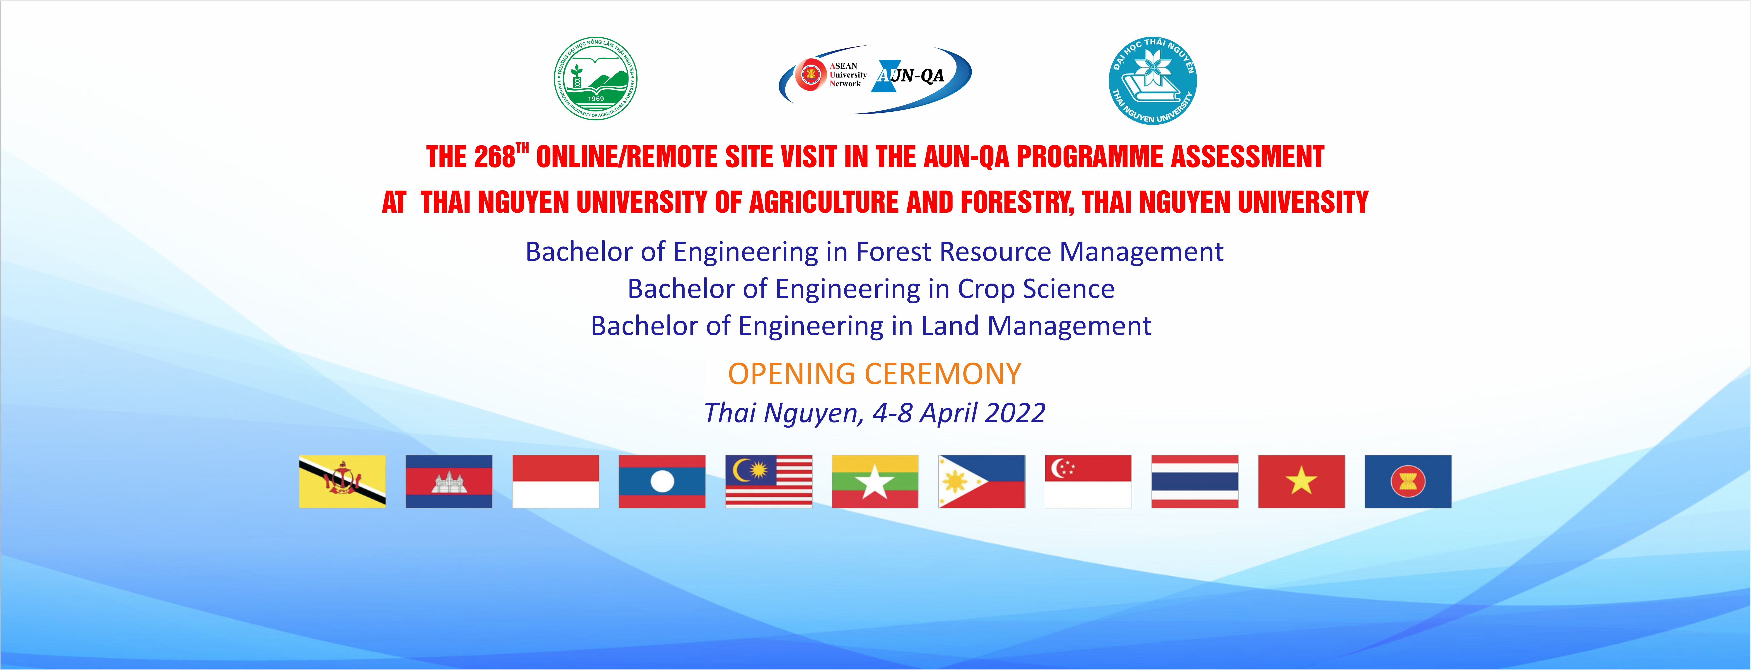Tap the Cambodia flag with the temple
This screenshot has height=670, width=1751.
point(449,481)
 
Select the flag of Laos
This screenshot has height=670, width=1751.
point(662,481)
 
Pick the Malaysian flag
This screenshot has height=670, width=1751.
point(769,481)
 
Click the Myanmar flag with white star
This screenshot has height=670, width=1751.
point(875,481)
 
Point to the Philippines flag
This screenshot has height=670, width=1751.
point(982,481)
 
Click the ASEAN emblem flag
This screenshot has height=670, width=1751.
point(1408,481)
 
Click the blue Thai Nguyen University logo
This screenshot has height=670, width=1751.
point(1152,81)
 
